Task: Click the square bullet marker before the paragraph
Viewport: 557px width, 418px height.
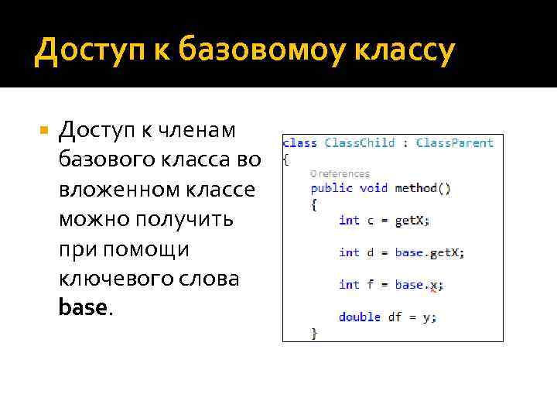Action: coord(44,132)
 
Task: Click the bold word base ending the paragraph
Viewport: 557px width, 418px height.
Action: coord(82,307)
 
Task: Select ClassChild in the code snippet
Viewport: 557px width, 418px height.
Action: coord(360,142)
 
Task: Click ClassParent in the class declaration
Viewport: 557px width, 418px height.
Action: coord(455,142)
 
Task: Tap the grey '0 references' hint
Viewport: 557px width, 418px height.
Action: coord(340,174)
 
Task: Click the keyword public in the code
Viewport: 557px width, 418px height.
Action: coord(331,188)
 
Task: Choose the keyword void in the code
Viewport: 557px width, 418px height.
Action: coord(374,188)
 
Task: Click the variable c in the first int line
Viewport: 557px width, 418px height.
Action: coord(371,221)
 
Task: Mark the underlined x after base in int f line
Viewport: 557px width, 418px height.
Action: coord(434,285)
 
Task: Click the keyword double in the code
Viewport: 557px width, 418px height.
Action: coord(360,317)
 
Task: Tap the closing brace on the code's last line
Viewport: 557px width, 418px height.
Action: coord(314,333)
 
